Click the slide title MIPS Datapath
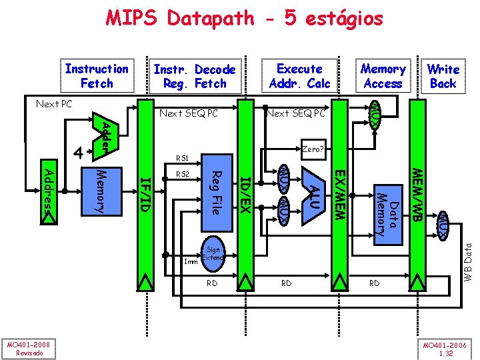pyautogui.click(x=244, y=18)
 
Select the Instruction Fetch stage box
pyautogui.click(x=97, y=76)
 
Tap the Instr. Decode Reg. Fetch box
pyautogui.click(x=194, y=76)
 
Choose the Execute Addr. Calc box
pyautogui.click(x=299, y=76)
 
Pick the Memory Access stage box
pyautogui.click(x=383, y=76)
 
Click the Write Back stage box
pyautogui.click(x=443, y=76)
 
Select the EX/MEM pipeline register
pyautogui.click(x=339, y=193)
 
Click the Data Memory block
pyautogui.click(x=387, y=211)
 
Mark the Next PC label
pyautogui.click(x=53, y=105)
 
